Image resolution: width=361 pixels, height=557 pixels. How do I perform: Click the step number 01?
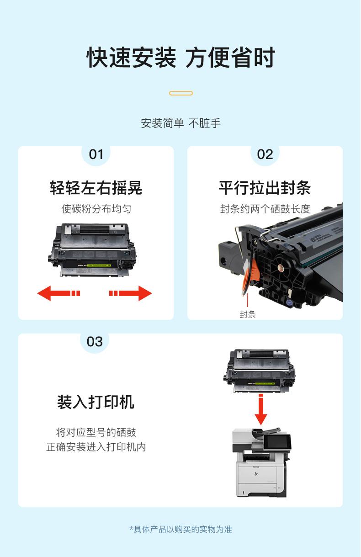click(x=96, y=154)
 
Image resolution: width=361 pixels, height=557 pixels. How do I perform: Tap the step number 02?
click(x=265, y=154)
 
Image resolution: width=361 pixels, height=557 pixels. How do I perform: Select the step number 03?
click(x=95, y=342)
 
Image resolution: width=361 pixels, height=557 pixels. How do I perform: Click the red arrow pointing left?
click(x=58, y=293)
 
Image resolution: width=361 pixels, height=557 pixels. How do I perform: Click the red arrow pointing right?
click(x=131, y=293)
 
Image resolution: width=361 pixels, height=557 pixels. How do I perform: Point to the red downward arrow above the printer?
click(x=261, y=409)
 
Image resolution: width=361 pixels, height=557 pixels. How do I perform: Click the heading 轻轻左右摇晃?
click(x=96, y=188)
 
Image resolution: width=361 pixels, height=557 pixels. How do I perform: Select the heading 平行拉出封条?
click(x=265, y=188)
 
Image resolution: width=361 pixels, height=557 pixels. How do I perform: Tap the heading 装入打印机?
click(x=96, y=402)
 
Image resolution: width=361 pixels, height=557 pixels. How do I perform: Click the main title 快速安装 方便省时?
click(x=181, y=58)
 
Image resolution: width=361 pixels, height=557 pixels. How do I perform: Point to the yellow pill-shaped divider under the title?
click(x=181, y=93)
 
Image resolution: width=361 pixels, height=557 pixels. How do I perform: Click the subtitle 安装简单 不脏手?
click(x=181, y=123)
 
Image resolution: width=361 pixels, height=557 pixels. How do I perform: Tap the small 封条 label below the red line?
click(x=248, y=314)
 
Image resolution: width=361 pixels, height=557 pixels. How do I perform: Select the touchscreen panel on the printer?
click(x=277, y=442)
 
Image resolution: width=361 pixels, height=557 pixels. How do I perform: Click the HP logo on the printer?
click(x=256, y=474)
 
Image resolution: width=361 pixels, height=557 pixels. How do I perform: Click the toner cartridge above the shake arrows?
click(x=92, y=249)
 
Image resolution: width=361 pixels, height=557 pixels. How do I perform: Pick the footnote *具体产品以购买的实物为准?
click(x=181, y=529)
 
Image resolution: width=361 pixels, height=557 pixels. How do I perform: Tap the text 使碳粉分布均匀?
click(x=96, y=209)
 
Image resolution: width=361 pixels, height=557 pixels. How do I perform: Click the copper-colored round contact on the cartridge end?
click(x=281, y=268)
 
